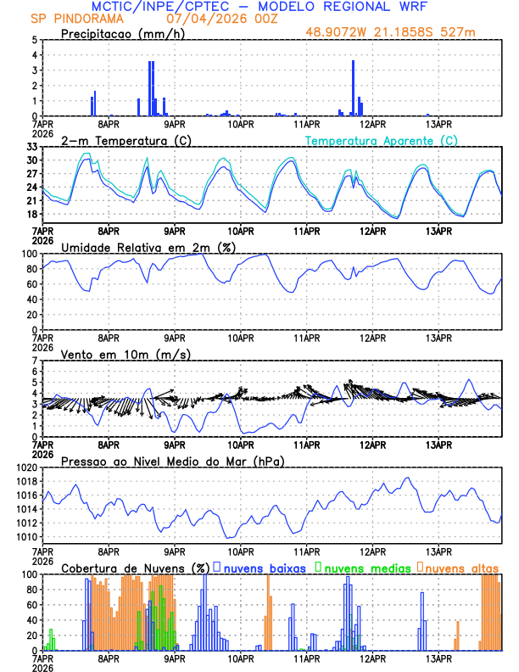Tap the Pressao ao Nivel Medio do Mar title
(172, 461)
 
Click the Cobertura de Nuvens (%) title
(135, 568)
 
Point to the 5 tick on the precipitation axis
(34, 40)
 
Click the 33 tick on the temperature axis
(31, 147)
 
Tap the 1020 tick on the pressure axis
(25, 468)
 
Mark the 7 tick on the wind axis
(34, 361)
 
